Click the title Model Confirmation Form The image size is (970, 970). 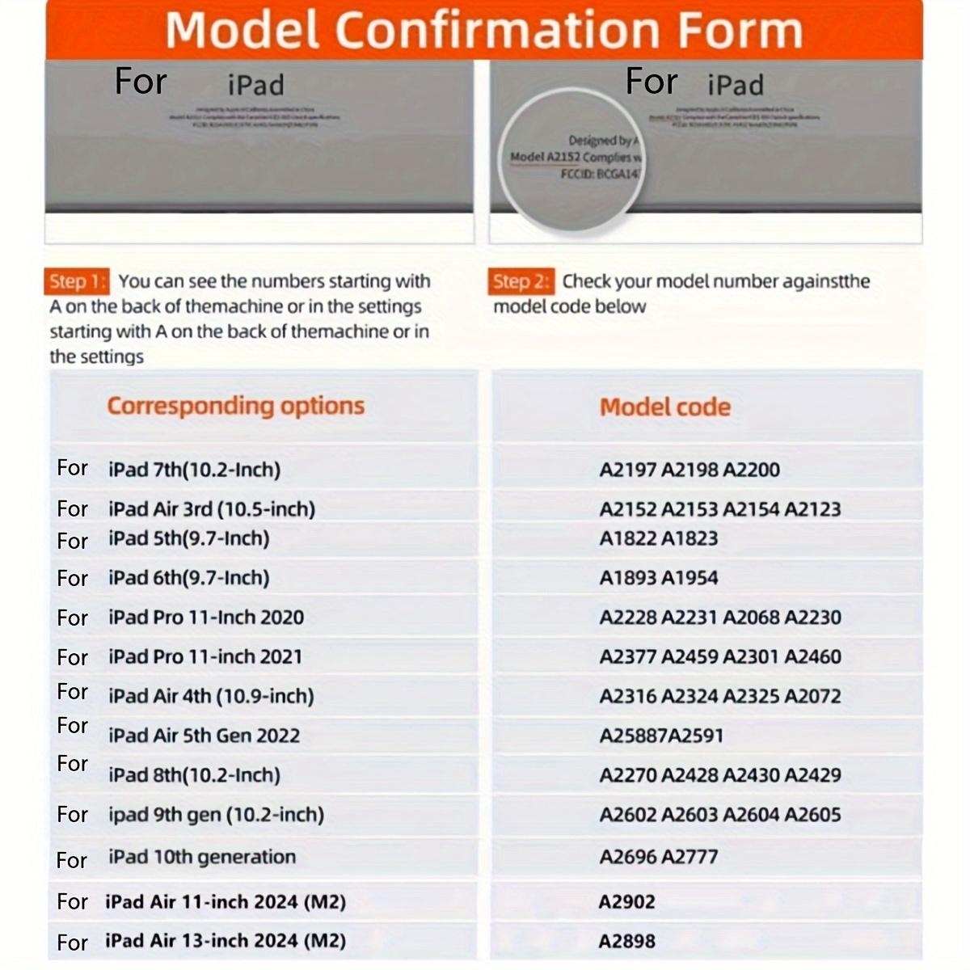pyautogui.click(x=483, y=30)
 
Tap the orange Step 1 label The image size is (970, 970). pyautogui.click(x=77, y=281)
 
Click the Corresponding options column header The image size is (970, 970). pyautogui.click(x=235, y=406)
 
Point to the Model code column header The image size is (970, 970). pyautogui.click(x=664, y=407)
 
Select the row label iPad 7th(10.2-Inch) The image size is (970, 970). pyautogui.click(x=194, y=470)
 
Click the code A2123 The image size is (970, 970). pyautogui.click(x=812, y=509)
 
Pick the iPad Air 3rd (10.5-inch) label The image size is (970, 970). pyautogui.click(x=212, y=509)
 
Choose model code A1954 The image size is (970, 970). pyautogui.click(x=690, y=578)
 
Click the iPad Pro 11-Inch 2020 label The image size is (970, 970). pyautogui.click(x=206, y=618)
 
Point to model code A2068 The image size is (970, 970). pyautogui.click(x=751, y=618)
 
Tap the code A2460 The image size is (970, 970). pyautogui.click(x=812, y=656)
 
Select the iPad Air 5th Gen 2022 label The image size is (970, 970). pyautogui.click(x=204, y=736)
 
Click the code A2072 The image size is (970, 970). pyautogui.click(x=812, y=696)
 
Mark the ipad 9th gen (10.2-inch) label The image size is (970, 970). pyautogui.click(x=216, y=815)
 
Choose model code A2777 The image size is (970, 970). pyautogui.click(x=690, y=857)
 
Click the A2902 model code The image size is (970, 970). pyautogui.click(x=626, y=902)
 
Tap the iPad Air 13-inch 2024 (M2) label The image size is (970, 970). pyautogui.click(x=225, y=941)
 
